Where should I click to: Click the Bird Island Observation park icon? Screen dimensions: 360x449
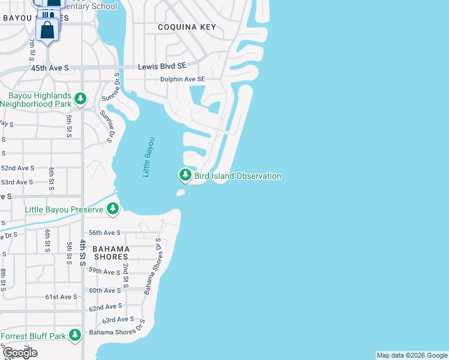(185, 175)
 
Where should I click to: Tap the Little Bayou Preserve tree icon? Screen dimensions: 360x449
(113, 209)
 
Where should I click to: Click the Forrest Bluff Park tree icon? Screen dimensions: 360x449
(75, 335)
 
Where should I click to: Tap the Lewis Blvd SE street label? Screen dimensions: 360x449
(162, 67)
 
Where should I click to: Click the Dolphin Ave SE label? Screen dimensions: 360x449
(182, 79)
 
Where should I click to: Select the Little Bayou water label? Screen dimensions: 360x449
(148, 157)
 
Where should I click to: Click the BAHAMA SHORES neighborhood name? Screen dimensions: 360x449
(111, 254)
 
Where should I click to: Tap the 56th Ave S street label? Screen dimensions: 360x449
(104, 233)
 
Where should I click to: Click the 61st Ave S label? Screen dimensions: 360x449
(61, 296)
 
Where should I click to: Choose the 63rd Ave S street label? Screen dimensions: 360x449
(118, 320)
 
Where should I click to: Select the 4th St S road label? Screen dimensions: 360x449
(83, 253)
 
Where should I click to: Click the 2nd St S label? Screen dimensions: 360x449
(126, 273)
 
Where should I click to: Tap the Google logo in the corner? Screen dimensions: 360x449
(20, 353)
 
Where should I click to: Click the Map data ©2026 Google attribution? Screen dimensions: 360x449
(412, 355)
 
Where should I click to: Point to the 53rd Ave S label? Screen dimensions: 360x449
(17, 182)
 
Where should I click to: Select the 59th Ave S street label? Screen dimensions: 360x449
(104, 272)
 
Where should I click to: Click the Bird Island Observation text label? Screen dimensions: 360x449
(238, 176)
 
